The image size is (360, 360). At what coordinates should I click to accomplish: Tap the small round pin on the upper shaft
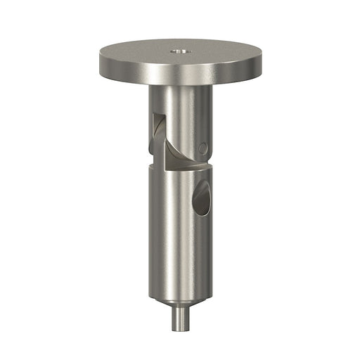click(x=202, y=148)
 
